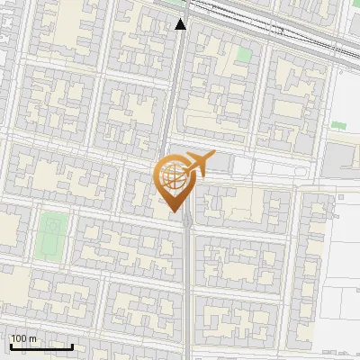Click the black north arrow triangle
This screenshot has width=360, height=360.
pos(181,24)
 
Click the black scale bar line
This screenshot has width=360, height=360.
pos(41,346)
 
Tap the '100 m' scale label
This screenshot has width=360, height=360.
pos(23,338)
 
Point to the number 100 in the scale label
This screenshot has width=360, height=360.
pos(19,338)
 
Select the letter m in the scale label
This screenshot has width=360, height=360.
pos(32,338)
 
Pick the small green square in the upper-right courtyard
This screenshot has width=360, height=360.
pos(243,54)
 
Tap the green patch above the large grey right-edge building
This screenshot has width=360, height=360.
pos(338,125)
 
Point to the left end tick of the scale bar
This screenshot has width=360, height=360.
pos(11,346)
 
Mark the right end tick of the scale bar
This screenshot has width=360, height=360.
pos(72,346)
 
